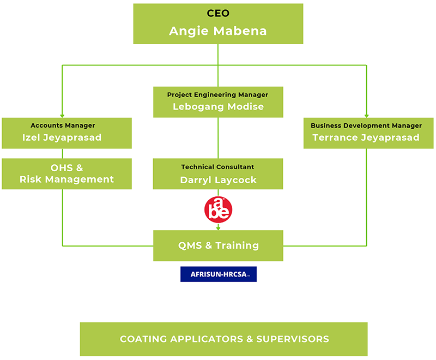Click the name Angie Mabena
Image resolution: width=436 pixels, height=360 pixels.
click(217, 31)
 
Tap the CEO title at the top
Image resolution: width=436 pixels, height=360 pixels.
click(218, 13)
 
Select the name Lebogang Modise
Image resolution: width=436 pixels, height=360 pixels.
click(219, 106)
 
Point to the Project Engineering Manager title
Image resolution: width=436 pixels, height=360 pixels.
click(217, 95)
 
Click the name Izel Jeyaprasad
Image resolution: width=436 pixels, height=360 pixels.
click(62, 137)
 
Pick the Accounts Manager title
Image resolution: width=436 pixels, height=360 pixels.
click(63, 125)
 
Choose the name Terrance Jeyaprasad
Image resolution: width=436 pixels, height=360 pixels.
click(366, 137)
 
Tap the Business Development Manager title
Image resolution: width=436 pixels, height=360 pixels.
click(366, 125)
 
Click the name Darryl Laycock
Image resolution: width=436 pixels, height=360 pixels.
click(219, 180)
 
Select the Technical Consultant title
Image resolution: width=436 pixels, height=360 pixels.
click(217, 167)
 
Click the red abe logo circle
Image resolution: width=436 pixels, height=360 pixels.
click(219, 209)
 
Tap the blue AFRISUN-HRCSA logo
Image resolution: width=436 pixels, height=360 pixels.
click(219, 274)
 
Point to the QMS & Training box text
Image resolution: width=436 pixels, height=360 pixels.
click(219, 245)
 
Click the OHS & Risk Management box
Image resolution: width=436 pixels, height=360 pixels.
click(66, 174)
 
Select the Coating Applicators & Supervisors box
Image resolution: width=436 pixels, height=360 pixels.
click(224, 339)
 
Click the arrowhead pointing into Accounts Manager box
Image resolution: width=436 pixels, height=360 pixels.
click(62, 116)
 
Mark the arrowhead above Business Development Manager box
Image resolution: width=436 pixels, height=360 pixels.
click(366, 116)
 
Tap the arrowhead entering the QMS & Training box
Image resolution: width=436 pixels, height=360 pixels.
click(219, 228)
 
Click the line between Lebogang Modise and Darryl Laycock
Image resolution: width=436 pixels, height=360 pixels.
click(218, 138)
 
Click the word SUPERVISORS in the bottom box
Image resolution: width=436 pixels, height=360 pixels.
click(293, 339)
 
